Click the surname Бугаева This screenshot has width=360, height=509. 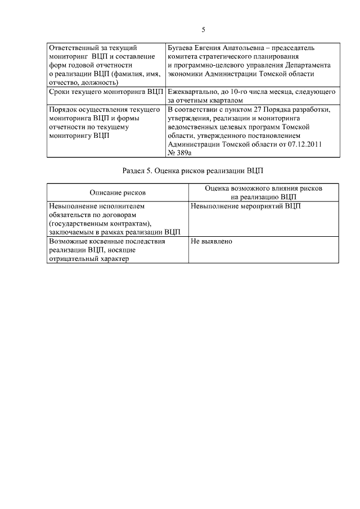tap(183, 48)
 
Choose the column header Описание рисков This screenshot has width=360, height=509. tap(118, 192)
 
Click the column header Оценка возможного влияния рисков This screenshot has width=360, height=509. tap(263, 188)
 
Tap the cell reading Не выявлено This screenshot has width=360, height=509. tap(211, 241)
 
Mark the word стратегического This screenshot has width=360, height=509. tap(227, 57)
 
